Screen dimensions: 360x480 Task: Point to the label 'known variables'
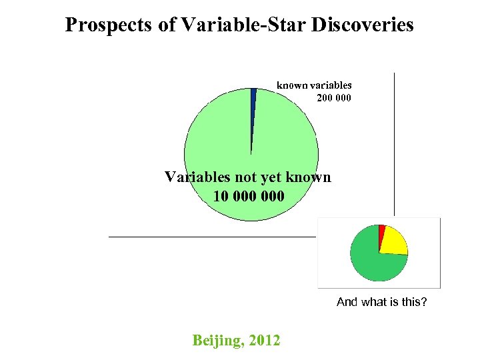(314, 85)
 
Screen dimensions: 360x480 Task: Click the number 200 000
(333, 97)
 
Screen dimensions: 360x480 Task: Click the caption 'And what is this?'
(381, 302)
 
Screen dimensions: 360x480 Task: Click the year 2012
(265, 341)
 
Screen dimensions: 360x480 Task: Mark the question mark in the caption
(424, 302)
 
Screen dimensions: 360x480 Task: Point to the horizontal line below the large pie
(213, 237)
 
